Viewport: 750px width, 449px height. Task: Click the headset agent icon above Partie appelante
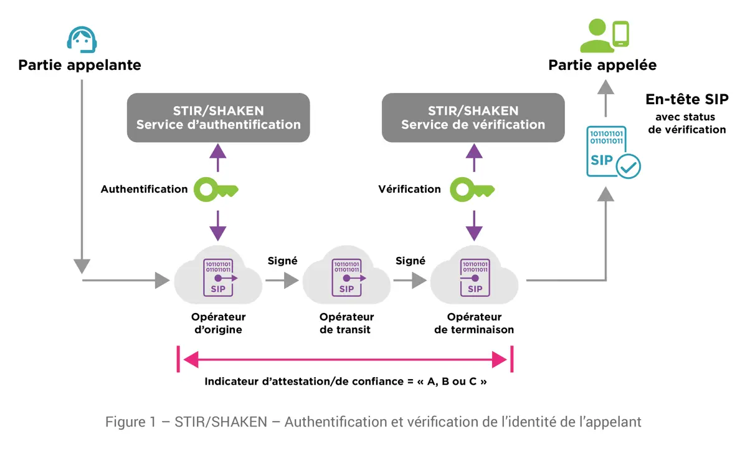pyautogui.click(x=82, y=39)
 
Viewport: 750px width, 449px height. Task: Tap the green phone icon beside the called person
pyautogui.click(x=621, y=34)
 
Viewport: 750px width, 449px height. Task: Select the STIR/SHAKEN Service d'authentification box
pyautogui.click(x=218, y=118)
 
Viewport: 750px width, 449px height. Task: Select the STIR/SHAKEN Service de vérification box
pyautogui.click(x=473, y=118)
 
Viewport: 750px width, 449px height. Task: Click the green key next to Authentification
pyautogui.click(x=216, y=190)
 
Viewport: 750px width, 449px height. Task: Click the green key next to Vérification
pyautogui.click(x=472, y=190)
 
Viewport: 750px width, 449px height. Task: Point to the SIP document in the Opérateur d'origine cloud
pyautogui.click(x=218, y=278)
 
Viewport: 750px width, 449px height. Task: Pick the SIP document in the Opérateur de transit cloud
pyautogui.click(x=347, y=278)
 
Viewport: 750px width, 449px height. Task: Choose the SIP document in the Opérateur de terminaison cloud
pyautogui.click(x=475, y=278)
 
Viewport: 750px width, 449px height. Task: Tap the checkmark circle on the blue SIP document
pyautogui.click(x=628, y=167)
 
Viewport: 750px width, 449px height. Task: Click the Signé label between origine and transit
pyautogui.click(x=283, y=261)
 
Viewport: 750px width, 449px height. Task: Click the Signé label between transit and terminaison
pyautogui.click(x=411, y=261)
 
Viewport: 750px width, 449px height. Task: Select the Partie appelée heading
pyautogui.click(x=602, y=65)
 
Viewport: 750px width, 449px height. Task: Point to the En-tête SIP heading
pyautogui.click(x=687, y=99)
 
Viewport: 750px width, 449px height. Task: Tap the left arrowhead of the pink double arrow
pyautogui.click(x=191, y=360)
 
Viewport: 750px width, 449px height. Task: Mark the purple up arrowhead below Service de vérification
pyautogui.click(x=474, y=151)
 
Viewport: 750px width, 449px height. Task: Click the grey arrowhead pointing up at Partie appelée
pyautogui.click(x=605, y=87)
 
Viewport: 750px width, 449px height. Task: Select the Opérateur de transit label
pyautogui.click(x=346, y=324)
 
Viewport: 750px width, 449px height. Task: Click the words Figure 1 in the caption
pyautogui.click(x=131, y=422)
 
